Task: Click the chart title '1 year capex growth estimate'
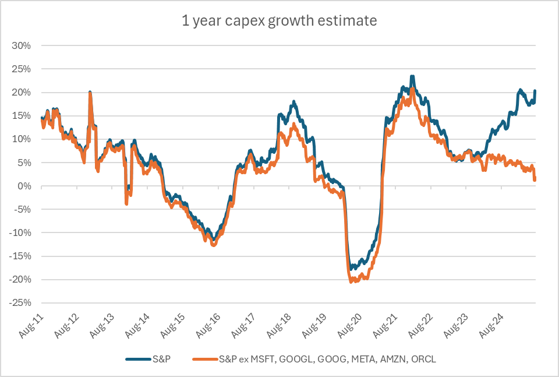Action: tap(279, 21)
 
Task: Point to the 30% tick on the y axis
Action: tap(30, 45)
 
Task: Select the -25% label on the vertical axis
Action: tap(29, 303)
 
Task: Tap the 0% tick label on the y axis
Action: tap(32, 186)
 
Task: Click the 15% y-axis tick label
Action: tap(30, 115)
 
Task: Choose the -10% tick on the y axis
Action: tap(29, 232)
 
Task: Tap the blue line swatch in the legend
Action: tap(137, 359)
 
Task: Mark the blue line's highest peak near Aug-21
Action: tap(412, 76)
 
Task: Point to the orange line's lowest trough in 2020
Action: tap(351, 282)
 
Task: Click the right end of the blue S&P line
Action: tap(535, 91)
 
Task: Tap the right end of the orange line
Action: tap(535, 179)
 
